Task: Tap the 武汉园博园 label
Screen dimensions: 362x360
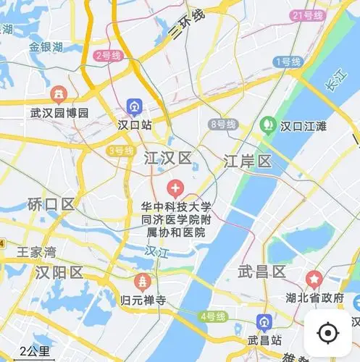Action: tap(59, 113)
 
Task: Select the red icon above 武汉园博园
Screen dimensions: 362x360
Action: tap(59, 94)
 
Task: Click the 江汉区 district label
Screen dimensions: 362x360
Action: tap(167, 158)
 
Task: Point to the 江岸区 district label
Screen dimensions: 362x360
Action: tap(247, 161)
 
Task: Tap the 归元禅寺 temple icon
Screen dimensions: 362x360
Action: tap(143, 281)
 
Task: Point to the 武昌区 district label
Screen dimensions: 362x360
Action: tap(261, 271)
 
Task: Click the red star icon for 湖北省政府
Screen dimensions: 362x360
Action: tap(314, 278)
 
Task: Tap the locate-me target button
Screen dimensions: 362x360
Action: tap(327, 332)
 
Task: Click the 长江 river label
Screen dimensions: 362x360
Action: tap(334, 85)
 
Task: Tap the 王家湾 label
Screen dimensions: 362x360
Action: tap(37, 253)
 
